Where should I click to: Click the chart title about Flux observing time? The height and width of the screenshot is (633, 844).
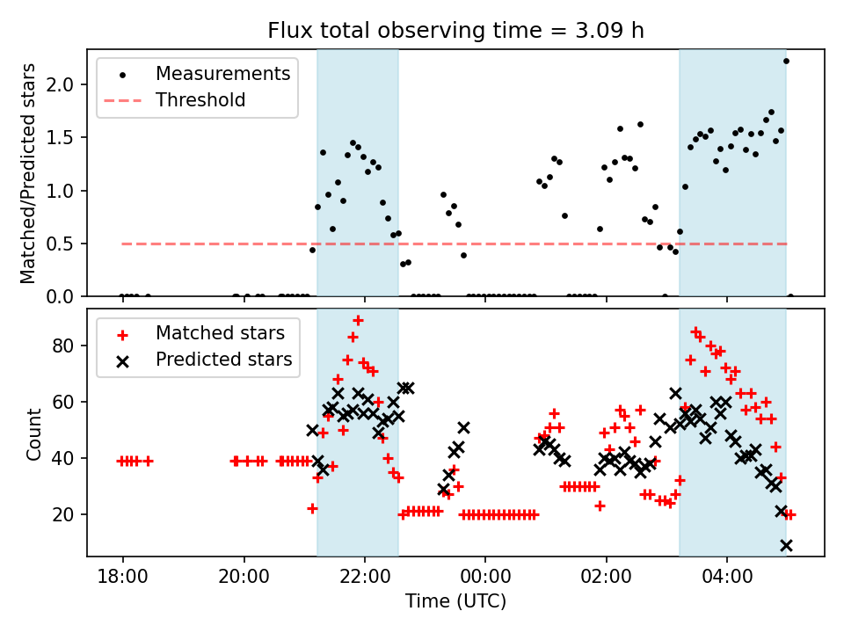point(455,31)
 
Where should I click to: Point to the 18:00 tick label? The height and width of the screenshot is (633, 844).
point(122,579)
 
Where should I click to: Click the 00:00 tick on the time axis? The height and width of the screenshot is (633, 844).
point(485,579)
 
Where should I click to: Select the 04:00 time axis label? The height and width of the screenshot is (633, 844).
point(727,579)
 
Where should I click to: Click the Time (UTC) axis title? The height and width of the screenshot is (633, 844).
point(455,602)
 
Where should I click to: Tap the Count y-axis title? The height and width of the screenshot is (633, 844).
point(34,433)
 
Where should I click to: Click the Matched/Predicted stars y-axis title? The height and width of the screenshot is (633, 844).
point(28,173)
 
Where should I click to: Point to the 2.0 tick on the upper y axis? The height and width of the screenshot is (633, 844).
point(66,84)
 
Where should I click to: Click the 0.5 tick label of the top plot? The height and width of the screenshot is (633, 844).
point(66,244)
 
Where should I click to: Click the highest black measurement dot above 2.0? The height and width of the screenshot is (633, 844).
point(786,61)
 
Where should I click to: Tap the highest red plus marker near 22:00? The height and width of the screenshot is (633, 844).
point(358,320)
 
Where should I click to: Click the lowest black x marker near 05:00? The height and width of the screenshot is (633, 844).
point(786,545)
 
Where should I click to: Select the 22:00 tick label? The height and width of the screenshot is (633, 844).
point(364,579)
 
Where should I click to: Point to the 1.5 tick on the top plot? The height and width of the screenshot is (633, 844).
point(66,138)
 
